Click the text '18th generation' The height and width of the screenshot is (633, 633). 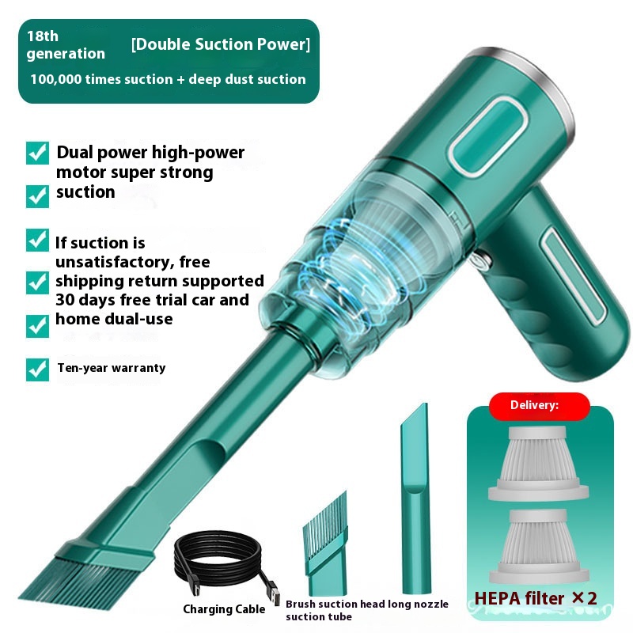[66, 45]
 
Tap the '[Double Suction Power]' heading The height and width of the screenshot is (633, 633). [221, 44]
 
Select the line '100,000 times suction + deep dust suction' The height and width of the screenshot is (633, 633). [168, 79]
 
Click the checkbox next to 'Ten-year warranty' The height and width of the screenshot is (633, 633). [37, 370]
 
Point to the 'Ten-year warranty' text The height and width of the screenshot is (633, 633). [112, 368]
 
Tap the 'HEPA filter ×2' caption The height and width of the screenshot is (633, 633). [536, 598]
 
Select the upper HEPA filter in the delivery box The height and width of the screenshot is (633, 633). [538, 464]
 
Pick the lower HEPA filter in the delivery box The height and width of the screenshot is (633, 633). [539, 546]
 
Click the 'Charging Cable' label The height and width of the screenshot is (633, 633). [224, 608]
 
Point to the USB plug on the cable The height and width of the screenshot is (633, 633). [274, 594]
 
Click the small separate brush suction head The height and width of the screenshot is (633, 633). [326, 543]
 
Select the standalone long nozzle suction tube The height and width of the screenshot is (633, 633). [415, 498]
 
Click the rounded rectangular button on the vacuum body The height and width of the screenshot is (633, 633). [487, 136]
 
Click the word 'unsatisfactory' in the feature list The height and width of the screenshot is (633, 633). [111, 262]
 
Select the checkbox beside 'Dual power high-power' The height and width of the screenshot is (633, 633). [37, 153]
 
